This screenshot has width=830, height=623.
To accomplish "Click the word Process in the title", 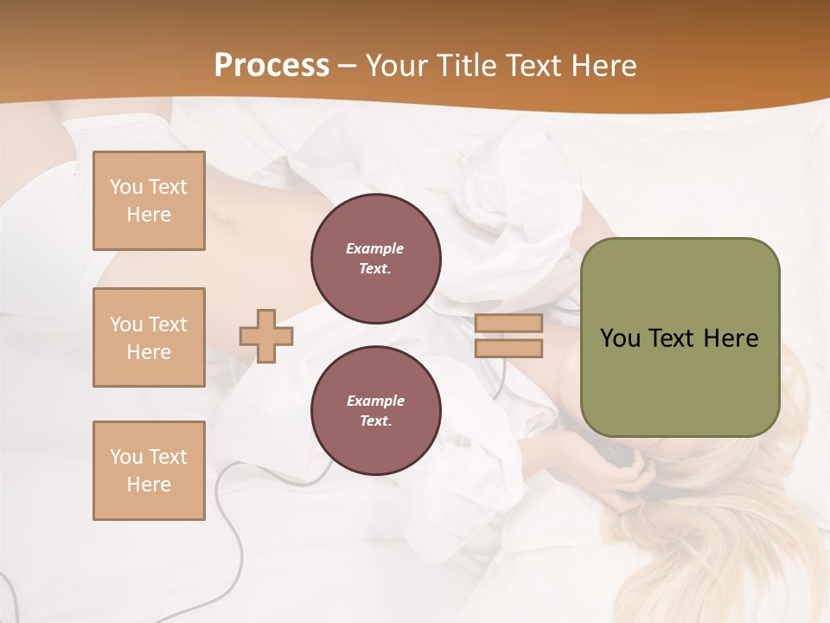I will click(271, 66).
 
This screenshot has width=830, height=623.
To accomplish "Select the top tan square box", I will click(149, 201).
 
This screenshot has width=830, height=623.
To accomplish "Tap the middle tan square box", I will click(149, 337).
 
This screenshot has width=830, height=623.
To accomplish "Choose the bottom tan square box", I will click(149, 471).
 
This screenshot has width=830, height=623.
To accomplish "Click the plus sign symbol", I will click(266, 336).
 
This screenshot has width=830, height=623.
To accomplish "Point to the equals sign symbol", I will click(508, 336).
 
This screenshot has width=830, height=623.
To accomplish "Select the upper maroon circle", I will click(376, 259).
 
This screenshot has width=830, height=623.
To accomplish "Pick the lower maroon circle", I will click(376, 411).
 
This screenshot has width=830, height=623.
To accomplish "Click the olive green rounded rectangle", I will click(680, 337).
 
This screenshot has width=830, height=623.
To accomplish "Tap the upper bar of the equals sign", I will click(508, 324).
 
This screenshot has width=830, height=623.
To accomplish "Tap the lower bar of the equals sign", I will click(508, 348).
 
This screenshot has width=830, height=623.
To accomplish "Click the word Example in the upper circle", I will click(375, 248).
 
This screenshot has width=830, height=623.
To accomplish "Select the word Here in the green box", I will click(731, 338).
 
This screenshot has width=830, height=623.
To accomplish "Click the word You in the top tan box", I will click(126, 187).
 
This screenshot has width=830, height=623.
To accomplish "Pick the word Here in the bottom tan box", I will click(149, 485).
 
